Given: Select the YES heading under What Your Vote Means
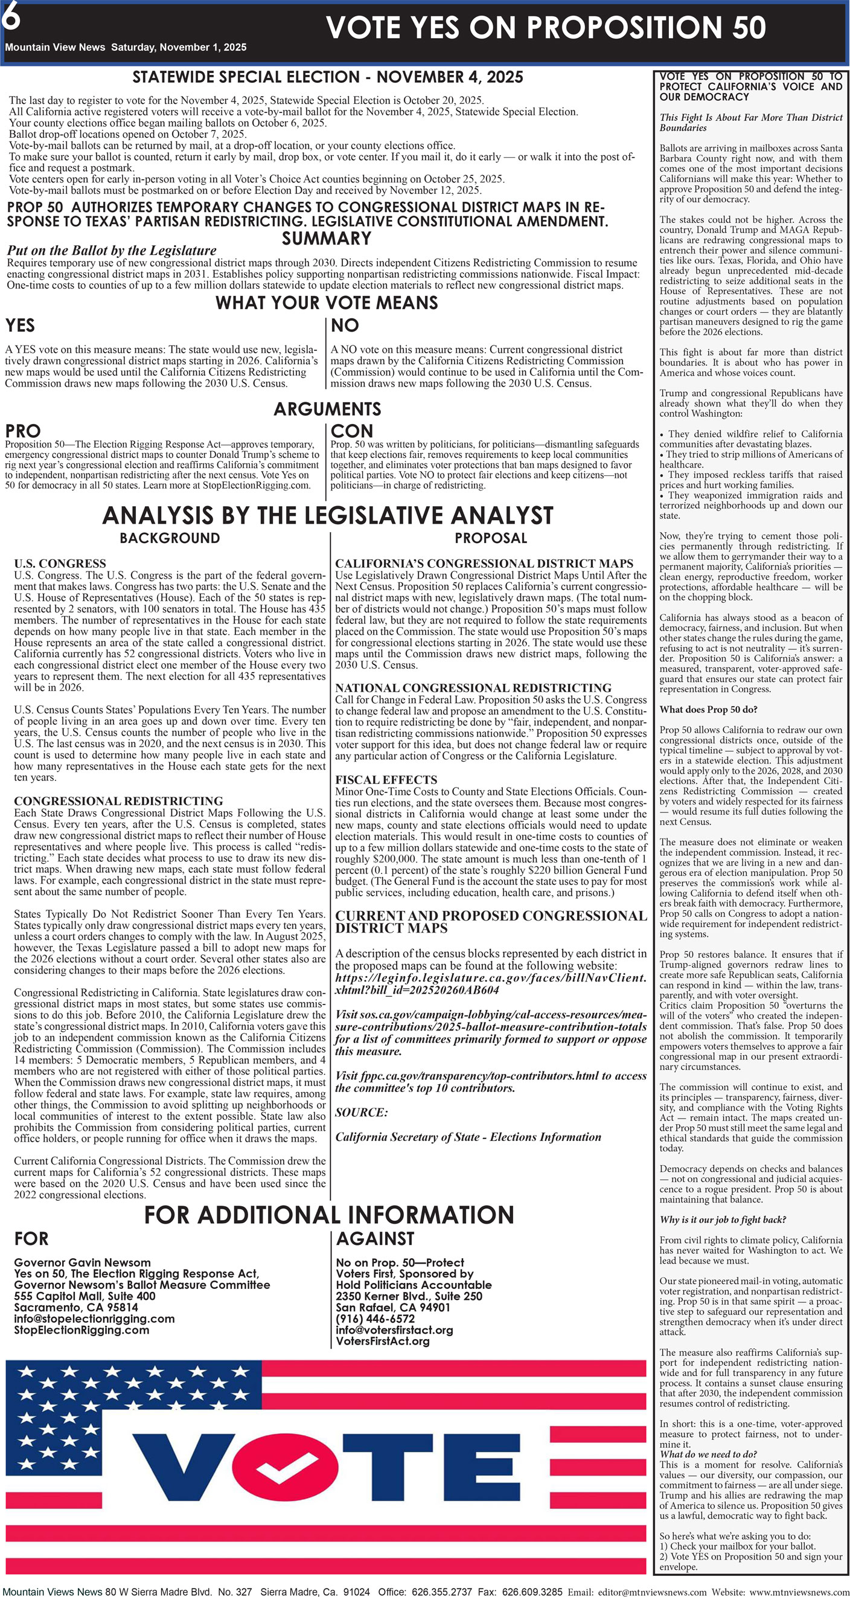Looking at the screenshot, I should pyautogui.click(x=21, y=326).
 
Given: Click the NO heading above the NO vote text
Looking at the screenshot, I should pyautogui.click(x=345, y=326).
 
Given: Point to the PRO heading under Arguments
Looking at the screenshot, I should pyautogui.click(x=23, y=431).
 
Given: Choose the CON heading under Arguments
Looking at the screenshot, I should pyautogui.click(x=352, y=431).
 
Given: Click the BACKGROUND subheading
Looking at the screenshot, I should pyautogui.click(x=170, y=538).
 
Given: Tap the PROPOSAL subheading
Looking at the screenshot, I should pyautogui.click(x=491, y=538).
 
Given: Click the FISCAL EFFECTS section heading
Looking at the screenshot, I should pyautogui.click(x=386, y=780).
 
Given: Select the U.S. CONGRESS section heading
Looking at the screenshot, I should pyautogui.click(x=60, y=564).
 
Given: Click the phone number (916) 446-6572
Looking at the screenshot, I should pyautogui.click(x=375, y=1319).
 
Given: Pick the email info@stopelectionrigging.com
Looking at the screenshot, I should pyautogui.click(x=94, y=1319).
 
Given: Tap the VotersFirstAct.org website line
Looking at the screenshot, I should pyautogui.click(x=383, y=1341).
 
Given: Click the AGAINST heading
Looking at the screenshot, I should pyautogui.click(x=375, y=1239).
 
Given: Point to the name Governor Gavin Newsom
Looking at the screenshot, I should pyautogui.click(x=82, y=1262).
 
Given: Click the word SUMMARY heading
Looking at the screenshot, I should pyautogui.click(x=327, y=239).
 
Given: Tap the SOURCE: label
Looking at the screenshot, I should pyautogui.click(x=362, y=1112).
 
